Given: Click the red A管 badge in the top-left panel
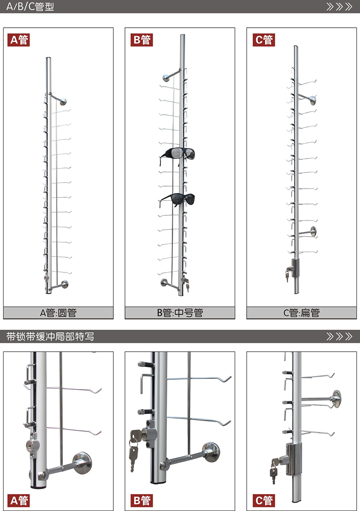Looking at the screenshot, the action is (19, 40).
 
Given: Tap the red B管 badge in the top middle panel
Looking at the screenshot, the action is (142, 40).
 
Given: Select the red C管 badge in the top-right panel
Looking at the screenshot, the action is (264, 40).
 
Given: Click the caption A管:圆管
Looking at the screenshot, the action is (58, 313).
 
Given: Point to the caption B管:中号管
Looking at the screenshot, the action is (180, 313).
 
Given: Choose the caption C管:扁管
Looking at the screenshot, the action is (301, 313).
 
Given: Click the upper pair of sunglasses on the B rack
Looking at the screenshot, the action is (178, 154).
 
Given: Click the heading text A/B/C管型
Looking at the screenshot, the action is (30, 6).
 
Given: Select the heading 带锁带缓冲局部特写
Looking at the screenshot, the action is (50, 336).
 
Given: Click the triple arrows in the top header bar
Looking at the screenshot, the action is (339, 6).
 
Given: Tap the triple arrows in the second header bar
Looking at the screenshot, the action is (339, 336).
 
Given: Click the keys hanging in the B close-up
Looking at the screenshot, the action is (134, 450).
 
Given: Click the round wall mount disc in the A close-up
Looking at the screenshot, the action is (82, 463).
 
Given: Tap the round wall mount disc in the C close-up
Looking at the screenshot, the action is (336, 399).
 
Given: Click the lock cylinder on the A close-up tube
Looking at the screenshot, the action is (33, 445).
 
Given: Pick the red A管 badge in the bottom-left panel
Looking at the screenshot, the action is (19, 501).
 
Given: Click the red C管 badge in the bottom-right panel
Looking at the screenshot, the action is (264, 501).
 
